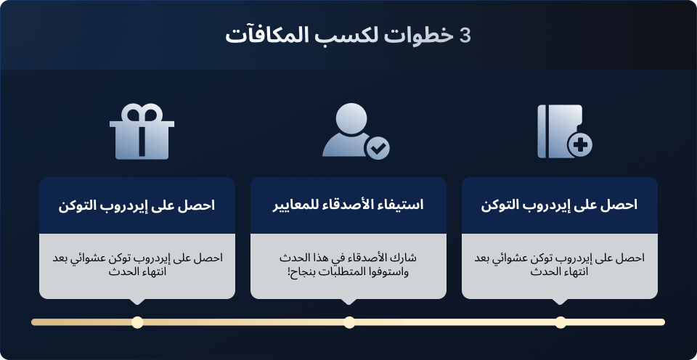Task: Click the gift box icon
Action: pos(142,131)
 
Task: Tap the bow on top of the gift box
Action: pos(142,112)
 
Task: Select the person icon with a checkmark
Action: pos(356,131)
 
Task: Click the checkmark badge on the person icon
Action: pos(377,148)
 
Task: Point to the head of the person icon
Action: pos(351,118)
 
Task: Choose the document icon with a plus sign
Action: pos(565,131)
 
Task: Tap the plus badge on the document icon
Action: pos(579,145)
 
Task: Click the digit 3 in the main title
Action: pos(465,36)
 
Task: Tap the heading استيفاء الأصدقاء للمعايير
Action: pos(348,205)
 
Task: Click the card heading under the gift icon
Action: pos(136,205)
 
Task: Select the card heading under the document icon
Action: pos(559,205)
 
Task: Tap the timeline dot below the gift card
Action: pos(137,322)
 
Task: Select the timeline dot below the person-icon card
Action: pos(349,322)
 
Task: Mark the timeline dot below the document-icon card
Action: pos(561,322)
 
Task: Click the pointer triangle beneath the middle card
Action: pos(348,301)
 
